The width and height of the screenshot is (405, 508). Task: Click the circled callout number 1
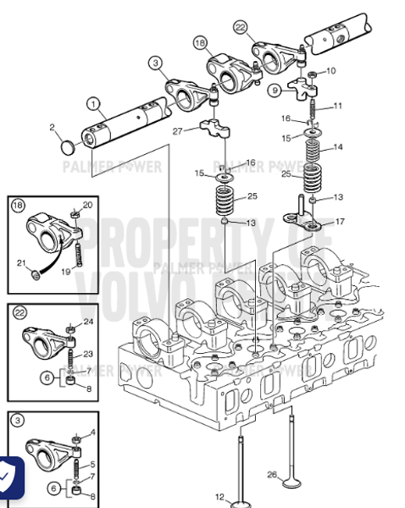tap(91, 104)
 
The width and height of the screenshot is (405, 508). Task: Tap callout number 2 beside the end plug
tap(53, 128)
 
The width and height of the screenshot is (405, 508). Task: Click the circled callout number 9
tap(275, 90)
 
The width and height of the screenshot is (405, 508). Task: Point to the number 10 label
tap(330, 70)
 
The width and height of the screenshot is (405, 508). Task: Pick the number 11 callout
tap(338, 106)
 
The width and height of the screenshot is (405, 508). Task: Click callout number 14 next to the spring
tap(338, 147)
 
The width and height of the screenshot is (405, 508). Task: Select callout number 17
tap(340, 222)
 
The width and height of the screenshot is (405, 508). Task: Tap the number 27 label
tap(177, 130)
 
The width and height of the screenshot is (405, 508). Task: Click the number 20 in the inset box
tap(87, 206)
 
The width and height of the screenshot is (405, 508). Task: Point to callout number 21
tap(22, 263)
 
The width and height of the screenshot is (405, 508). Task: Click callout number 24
tap(87, 321)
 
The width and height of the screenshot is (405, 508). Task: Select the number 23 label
tap(87, 355)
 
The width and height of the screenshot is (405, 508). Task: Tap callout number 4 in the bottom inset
tap(92, 433)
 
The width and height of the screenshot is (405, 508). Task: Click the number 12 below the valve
tap(219, 496)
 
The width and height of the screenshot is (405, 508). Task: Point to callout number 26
tap(272, 474)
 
